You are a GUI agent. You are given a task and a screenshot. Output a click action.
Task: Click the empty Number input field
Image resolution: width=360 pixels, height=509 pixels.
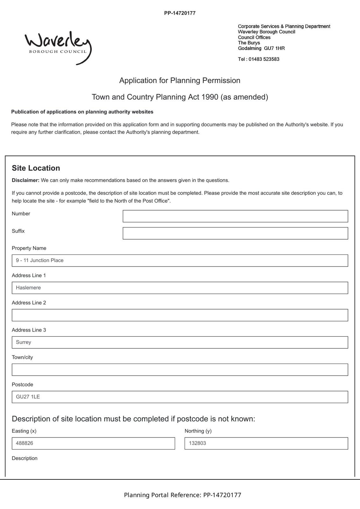coord(235,216)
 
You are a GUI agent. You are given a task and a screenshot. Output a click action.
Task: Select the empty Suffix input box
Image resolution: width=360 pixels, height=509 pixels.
coord(235,233)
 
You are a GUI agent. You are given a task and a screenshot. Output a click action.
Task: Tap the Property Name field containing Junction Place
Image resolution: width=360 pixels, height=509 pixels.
coord(180,261)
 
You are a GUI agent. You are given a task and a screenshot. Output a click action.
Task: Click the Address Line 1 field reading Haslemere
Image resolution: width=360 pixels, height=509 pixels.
coord(180,288)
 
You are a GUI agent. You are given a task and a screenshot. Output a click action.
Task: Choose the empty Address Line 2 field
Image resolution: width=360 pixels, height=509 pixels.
coord(180,315)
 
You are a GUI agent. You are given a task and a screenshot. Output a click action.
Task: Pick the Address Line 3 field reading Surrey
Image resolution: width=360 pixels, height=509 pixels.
coord(180,342)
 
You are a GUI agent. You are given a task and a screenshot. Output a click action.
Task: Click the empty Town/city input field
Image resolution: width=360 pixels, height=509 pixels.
coord(180,370)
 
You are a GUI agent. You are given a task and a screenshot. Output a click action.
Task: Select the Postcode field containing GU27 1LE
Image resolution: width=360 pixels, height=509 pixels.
coord(180,397)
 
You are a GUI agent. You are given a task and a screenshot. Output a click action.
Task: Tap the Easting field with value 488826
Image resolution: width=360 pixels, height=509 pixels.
coord(93,443)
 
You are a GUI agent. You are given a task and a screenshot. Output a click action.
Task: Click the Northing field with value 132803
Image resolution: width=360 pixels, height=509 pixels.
coord(266,443)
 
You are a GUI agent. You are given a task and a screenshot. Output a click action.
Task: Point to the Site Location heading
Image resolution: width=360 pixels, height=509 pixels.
coord(36,168)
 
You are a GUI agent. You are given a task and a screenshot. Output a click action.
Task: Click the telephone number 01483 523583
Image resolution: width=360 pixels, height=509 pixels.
coord(264,59)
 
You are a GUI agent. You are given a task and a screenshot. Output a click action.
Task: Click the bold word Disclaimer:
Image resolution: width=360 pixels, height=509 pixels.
coord(26,180)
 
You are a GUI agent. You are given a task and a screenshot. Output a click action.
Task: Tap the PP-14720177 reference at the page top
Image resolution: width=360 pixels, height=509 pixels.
coord(180,13)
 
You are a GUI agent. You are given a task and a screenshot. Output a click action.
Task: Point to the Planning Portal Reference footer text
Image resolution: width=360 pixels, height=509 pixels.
coord(182,495)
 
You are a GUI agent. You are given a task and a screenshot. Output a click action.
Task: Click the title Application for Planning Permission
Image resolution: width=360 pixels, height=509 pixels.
coord(180,80)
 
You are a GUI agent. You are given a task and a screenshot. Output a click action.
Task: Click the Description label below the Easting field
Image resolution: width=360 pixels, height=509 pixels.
coord(25,458)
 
